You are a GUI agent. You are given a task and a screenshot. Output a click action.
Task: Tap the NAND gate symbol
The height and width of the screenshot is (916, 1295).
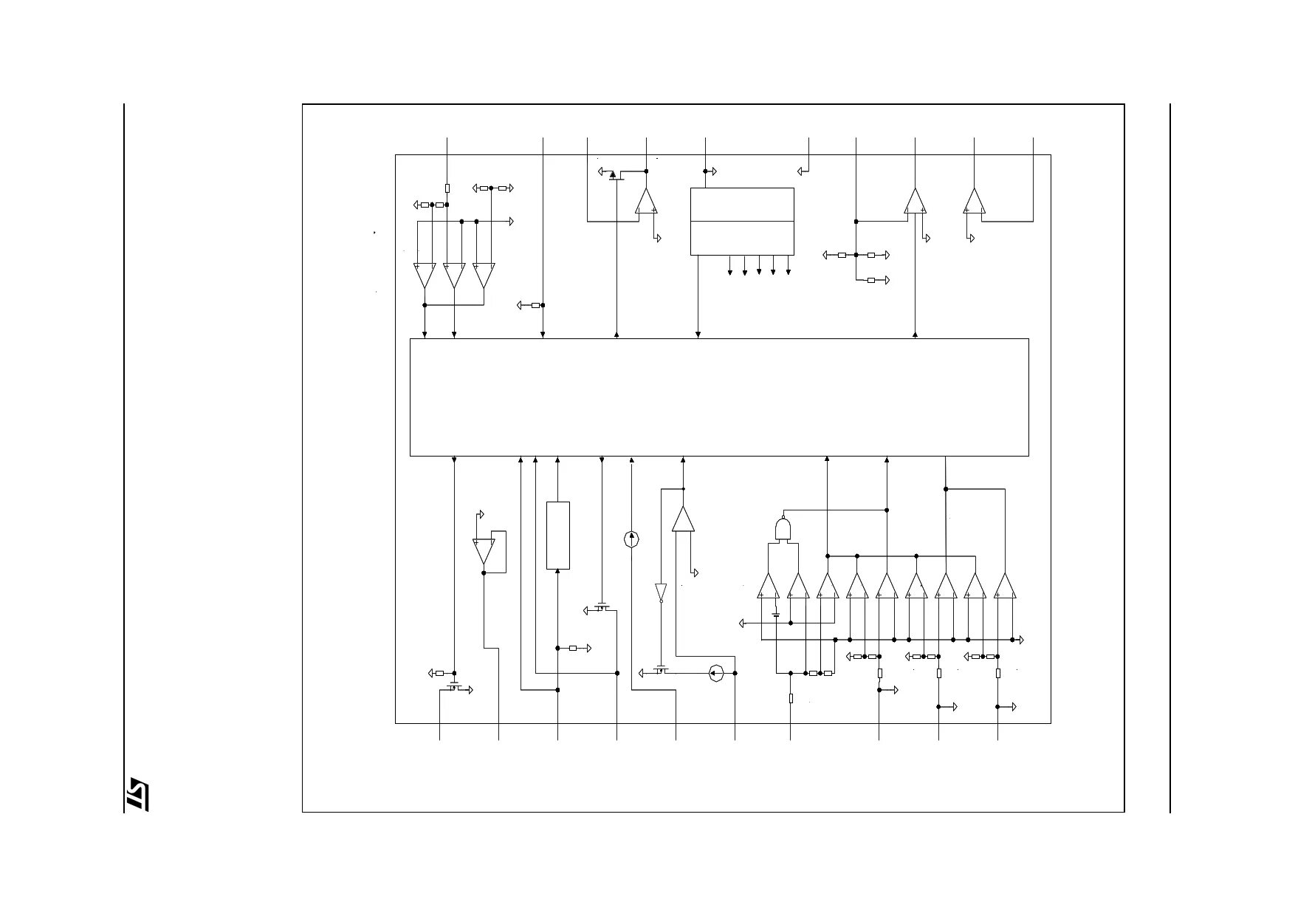[x=783, y=530]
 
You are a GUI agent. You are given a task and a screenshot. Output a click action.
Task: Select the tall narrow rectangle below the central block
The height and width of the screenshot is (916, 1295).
[x=557, y=536]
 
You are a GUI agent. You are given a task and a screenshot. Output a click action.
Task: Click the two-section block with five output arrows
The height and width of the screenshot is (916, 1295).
[x=742, y=222]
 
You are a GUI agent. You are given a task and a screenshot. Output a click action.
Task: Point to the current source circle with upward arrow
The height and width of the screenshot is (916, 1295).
[x=631, y=539]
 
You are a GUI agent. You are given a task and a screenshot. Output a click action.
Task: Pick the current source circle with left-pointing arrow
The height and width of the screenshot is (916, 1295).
[x=715, y=673]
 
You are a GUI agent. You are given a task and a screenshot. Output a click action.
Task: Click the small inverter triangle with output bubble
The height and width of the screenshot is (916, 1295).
[x=661, y=592]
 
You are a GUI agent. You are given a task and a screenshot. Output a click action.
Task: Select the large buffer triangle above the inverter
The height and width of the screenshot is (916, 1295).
[x=683, y=519]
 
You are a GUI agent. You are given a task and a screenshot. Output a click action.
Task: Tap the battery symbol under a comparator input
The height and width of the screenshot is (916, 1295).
[x=776, y=614]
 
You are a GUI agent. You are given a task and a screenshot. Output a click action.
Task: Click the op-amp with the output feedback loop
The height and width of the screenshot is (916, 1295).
[x=484, y=551]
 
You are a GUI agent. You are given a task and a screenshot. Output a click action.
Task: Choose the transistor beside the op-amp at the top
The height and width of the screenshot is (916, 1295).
[x=614, y=175]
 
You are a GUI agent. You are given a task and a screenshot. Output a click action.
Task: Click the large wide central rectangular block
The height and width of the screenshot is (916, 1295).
[x=719, y=397]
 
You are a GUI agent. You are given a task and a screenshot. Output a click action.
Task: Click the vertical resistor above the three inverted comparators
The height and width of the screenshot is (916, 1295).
[x=447, y=188]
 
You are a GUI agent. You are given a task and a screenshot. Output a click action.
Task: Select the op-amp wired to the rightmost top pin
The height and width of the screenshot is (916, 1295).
[x=975, y=201]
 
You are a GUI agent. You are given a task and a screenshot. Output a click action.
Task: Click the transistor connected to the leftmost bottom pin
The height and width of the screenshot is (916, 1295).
[x=454, y=688]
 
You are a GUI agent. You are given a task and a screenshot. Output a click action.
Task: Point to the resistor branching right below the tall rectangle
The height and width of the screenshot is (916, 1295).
[x=573, y=649]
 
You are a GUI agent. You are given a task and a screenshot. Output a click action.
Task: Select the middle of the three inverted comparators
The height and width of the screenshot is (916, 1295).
[x=454, y=275]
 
